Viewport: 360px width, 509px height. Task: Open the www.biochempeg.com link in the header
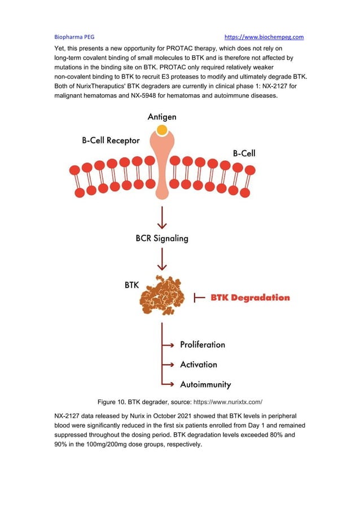264,37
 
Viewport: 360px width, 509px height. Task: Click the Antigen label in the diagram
162,117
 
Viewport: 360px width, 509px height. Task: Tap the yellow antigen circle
162,130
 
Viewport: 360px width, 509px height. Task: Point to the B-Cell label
244,153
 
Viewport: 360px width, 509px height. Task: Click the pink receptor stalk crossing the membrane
162,175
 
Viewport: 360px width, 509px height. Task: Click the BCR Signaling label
162,238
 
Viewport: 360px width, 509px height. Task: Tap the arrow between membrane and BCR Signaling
163,217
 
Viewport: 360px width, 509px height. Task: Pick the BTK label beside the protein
131,286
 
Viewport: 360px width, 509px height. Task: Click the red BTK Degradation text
250,297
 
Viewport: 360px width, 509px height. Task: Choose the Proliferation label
202,344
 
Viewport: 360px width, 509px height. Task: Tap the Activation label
198,365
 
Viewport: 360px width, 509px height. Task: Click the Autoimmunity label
205,384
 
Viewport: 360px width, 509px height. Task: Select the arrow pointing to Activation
168,365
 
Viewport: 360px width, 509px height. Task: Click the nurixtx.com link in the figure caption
228,402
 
